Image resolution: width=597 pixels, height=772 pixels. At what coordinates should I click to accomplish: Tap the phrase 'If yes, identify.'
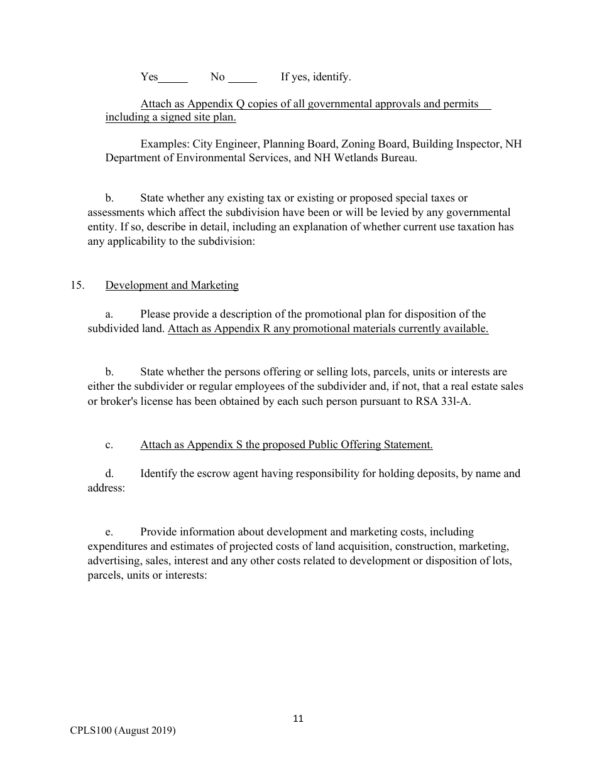click(x=315, y=77)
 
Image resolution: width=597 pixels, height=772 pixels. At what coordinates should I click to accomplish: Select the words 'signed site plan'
click(x=198, y=117)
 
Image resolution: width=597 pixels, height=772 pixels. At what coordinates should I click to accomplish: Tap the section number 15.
click(x=77, y=285)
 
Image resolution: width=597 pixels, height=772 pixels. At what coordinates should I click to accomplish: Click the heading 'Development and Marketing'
click(x=172, y=285)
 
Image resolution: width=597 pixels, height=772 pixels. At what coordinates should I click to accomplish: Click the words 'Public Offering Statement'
click(x=369, y=444)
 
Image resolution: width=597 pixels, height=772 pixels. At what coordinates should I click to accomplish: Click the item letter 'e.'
click(x=109, y=532)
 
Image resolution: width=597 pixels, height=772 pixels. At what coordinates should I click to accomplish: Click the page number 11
click(x=298, y=719)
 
